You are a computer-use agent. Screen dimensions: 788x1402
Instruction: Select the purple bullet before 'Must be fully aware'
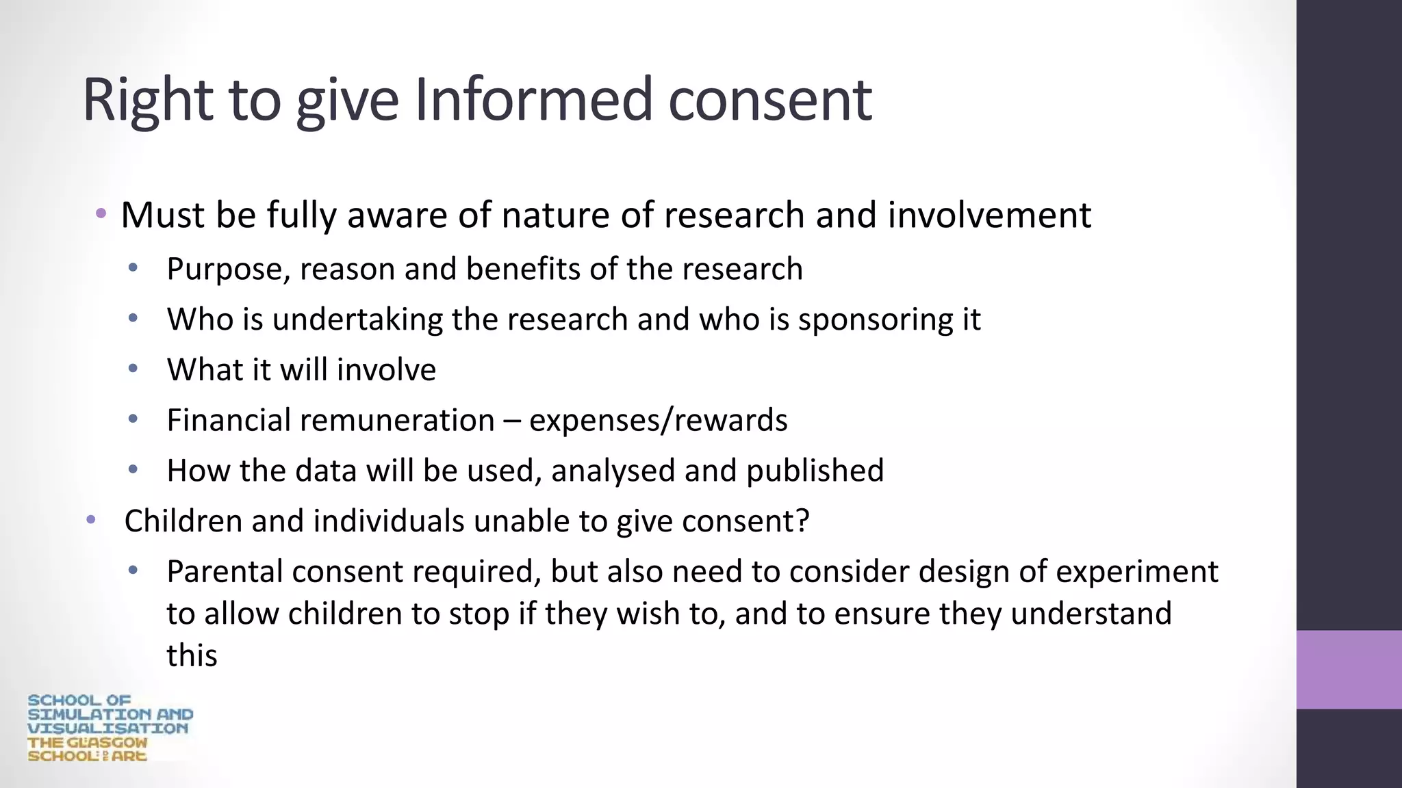click(x=101, y=213)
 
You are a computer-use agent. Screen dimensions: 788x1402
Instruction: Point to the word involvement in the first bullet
click(x=989, y=215)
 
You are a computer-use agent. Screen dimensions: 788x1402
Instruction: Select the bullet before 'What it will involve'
click(x=133, y=369)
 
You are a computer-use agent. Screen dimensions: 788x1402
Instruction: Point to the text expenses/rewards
click(x=658, y=420)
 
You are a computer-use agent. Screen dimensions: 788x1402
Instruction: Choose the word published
click(x=815, y=471)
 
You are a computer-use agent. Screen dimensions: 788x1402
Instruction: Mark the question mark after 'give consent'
click(x=802, y=521)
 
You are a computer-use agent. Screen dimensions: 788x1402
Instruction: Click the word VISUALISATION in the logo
click(x=107, y=728)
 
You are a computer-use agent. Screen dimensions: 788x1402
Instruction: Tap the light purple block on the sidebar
click(x=1349, y=670)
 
